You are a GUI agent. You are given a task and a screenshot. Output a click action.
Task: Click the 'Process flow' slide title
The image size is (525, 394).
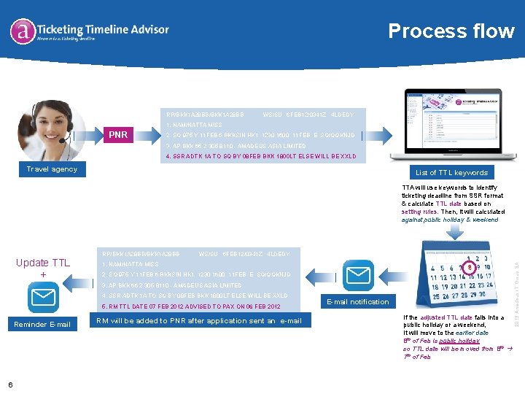tap(451, 31)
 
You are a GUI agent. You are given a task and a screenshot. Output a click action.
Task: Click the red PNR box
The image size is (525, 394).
tap(118, 135)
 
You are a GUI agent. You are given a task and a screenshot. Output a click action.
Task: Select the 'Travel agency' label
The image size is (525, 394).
tap(52, 169)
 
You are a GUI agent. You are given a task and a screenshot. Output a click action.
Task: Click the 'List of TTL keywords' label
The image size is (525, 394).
tap(451, 172)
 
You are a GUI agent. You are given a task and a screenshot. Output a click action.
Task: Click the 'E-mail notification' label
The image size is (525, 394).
tap(357, 301)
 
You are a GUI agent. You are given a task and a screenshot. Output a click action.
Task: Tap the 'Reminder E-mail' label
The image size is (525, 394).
tap(42, 324)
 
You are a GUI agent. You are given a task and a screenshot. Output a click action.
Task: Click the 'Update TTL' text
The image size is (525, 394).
tap(43, 263)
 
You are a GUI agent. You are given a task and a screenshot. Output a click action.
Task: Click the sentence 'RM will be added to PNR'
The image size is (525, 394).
tap(199, 321)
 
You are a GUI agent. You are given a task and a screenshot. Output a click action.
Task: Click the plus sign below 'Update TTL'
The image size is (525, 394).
tap(43, 274)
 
